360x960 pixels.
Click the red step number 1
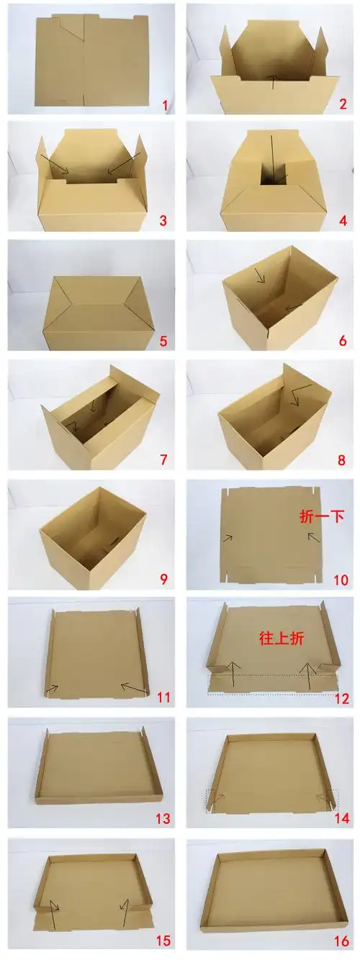tap(165, 106)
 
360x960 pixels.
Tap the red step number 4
tap(342, 220)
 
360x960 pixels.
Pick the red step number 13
tap(162, 818)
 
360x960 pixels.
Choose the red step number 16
tap(341, 940)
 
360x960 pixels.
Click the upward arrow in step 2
tap(272, 81)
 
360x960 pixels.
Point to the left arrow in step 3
tap(55, 163)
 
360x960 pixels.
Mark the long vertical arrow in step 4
tap(272, 155)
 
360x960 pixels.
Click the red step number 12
tap(341, 699)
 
